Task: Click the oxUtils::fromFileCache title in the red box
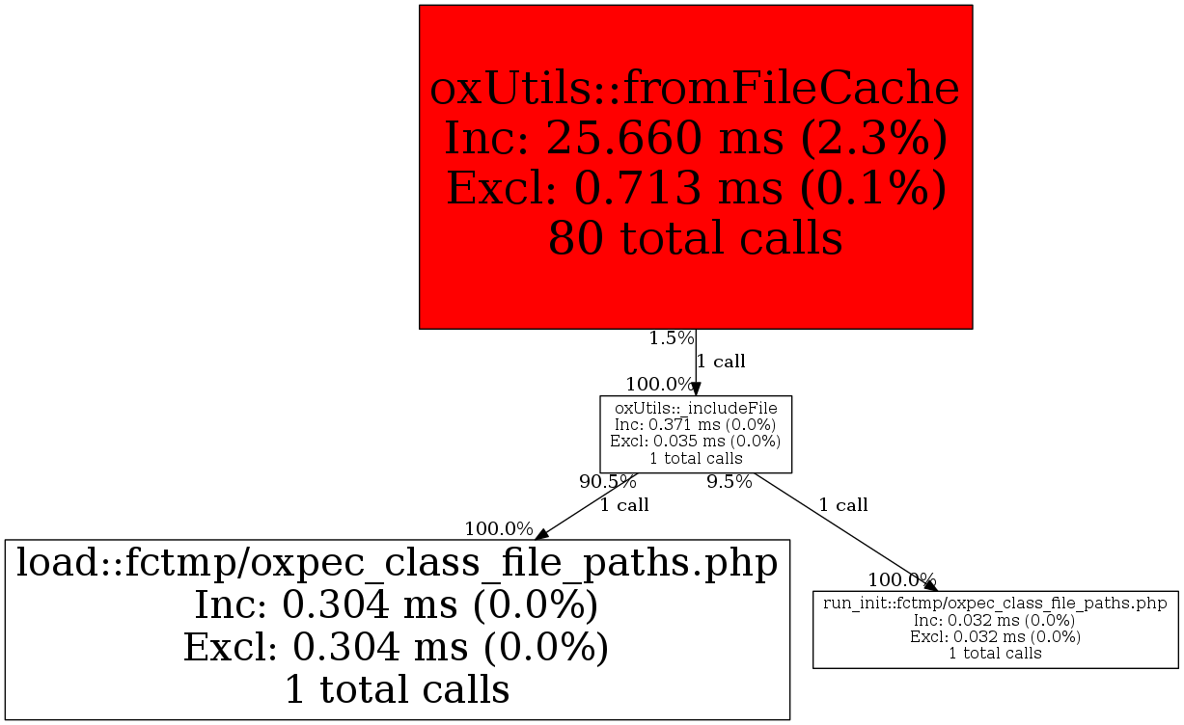[695, 89]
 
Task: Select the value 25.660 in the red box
[623, 138]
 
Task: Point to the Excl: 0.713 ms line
[696, 189]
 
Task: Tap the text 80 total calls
[695, 239]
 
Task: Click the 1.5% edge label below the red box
[672, 338]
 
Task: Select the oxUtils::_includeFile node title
[696, 408]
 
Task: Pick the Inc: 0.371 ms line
[695, 424]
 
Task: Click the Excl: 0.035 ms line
[695, 441]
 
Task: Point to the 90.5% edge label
[607, 482]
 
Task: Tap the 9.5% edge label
[730, 482]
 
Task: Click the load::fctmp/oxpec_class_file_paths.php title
[397, 562]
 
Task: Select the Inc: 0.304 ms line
[397, 605]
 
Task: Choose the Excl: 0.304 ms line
[397, 648]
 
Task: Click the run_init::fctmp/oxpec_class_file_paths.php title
[995, 603]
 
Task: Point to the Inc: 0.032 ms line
[994, 620]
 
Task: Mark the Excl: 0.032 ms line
[995, 637]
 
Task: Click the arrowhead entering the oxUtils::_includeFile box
[696, 389]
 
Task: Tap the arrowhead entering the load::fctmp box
[542, 534]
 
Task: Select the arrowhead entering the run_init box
[931, 585]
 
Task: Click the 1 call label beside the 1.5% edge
[721, 362]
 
